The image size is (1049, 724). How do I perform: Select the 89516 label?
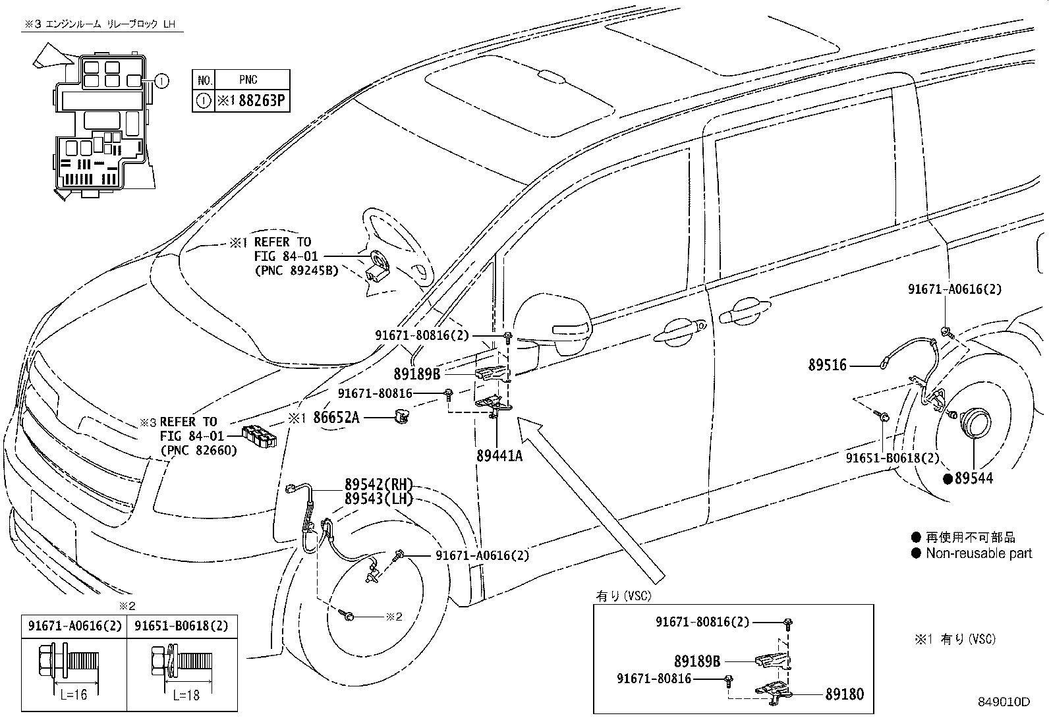(828, 364)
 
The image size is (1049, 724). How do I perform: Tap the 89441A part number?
(499, 455)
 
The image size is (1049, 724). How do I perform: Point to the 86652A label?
(336, 417)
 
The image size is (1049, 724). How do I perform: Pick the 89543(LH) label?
(378, 499)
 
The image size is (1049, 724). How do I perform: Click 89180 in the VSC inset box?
(844, 694)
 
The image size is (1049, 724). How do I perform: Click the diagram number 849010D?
(1004, 702)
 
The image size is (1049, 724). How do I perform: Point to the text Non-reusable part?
(978, 553)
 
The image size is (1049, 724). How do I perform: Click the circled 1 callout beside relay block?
(161, 81)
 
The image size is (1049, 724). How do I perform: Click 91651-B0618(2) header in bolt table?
(181, 626)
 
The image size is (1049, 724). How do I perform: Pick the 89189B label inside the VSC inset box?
(697, 661)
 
